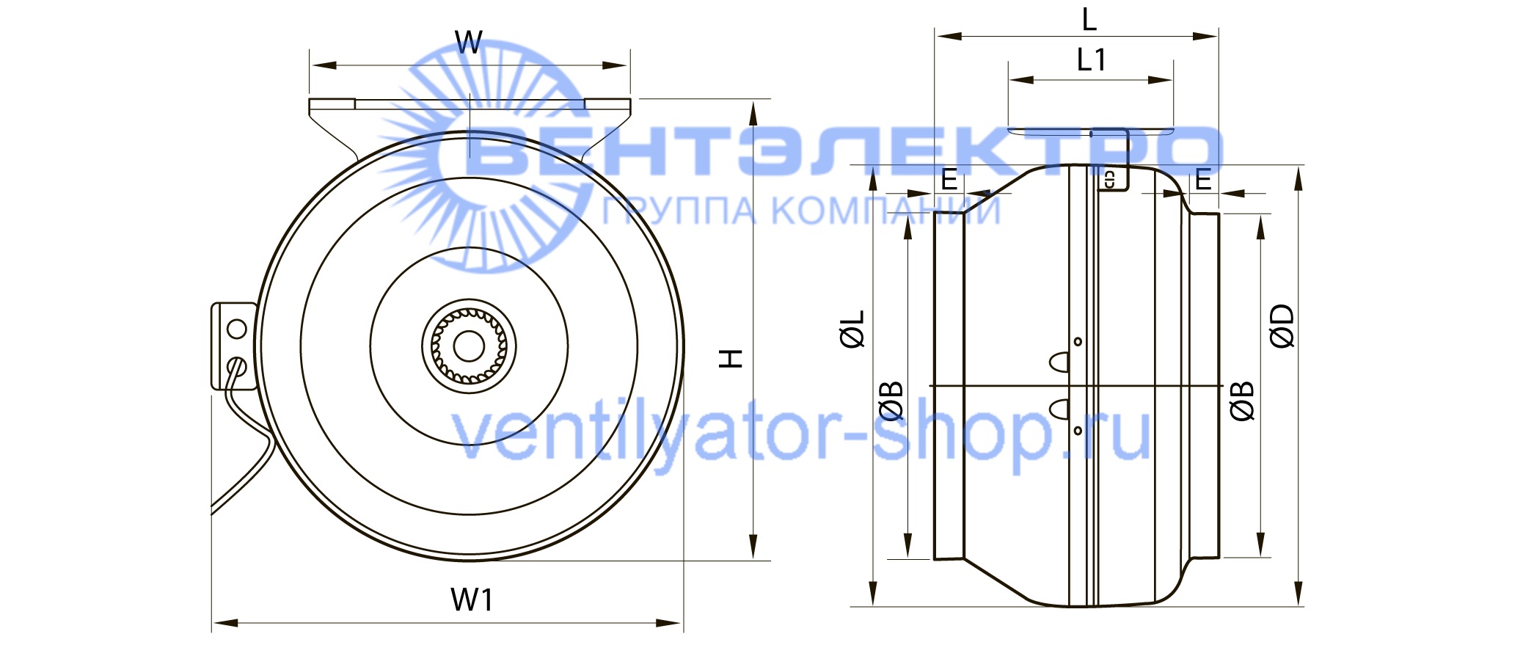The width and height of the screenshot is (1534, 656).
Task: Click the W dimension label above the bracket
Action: point(469,43)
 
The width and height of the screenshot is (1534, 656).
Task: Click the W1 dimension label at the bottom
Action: point(472,600)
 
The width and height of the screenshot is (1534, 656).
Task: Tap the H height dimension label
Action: point(731,359)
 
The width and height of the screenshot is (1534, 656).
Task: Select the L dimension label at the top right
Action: point(1089,19)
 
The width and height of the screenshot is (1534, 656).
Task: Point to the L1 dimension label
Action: point(1092,59)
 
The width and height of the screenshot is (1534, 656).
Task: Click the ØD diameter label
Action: point(1283,326)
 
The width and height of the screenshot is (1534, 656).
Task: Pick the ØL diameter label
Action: point(853,328)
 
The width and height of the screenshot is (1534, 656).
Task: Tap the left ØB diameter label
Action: point(892,401)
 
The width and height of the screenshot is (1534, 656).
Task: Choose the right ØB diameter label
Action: point(1243,401)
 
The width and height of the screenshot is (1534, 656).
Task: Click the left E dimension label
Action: point(949,180)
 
